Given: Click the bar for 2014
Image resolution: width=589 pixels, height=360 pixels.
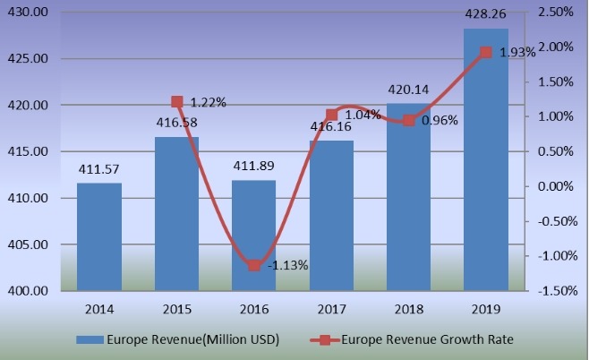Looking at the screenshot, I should pyautogui.click(x=99, y=236).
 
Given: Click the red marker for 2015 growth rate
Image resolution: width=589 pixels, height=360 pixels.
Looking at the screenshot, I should pyautogui.click(x=177, y=102).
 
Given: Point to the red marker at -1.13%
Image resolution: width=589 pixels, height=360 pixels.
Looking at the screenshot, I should pyautogui.click(x=254, y=265).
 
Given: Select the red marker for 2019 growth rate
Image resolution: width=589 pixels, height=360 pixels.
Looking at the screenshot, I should pyautogui.click(x=486, y=52).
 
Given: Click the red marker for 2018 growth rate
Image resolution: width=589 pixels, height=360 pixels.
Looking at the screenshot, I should pyautogui.click(x=409, y=120).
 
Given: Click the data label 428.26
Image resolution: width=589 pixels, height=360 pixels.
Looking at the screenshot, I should pyautogui.click(x=486, y=17).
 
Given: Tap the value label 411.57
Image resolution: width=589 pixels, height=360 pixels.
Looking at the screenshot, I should pyautogui.click(x=99, y=170).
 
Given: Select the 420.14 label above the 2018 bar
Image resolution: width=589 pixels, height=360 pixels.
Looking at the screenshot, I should pyautogui.click(x=409, y=90).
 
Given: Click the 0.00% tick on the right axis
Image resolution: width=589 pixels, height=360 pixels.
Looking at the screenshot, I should pyautogui.click(x=555, y=186).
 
